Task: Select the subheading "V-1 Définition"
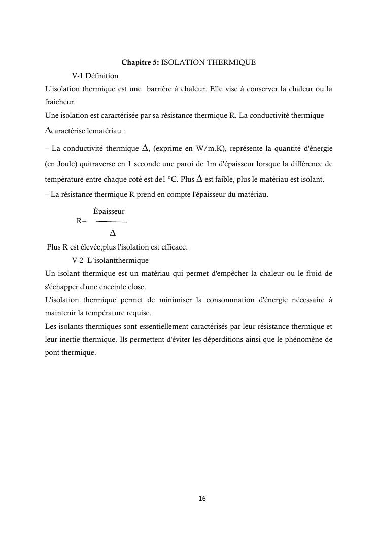click(95, 76)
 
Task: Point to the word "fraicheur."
click(60, 102)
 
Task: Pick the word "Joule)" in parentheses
click(64, 165)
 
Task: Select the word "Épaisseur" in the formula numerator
click(109, 211)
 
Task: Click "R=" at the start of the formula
click(81, 221)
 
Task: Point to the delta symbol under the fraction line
click(113, 233)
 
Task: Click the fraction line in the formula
click(111, 222)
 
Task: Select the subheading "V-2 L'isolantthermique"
click(110, 261)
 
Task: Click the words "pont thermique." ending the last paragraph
click(71, 352)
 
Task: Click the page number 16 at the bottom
click(202, 499)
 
